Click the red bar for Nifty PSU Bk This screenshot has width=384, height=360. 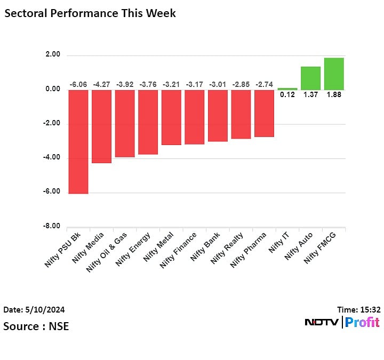click(x=78, y=141)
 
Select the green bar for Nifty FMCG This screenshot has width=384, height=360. click(x=334, y=74)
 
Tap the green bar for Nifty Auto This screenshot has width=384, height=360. click(x=310, y=78)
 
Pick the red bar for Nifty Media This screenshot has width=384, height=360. click(x=101, y=126)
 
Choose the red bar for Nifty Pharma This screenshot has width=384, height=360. click(x=264, y=113)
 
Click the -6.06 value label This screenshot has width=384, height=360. click(x=78, y=84)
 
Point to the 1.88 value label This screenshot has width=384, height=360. click(x=334, y=95)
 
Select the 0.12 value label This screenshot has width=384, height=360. click(x=287, y=95)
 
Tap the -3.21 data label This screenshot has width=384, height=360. click(x=171, y=84)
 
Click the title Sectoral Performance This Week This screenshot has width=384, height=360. click(x=90, y=13)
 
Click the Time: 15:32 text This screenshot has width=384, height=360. click(x=358, y=309)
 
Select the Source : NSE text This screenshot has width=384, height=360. click(x=36, y=325)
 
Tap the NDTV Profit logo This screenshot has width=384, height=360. click(x=342, y=322)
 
